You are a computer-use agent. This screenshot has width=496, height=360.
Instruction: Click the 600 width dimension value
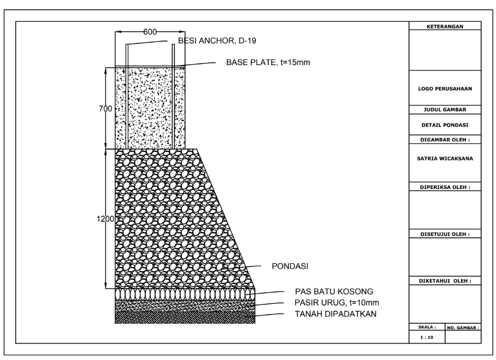[150, 32]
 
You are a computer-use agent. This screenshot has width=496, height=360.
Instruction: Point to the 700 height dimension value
[105, 109]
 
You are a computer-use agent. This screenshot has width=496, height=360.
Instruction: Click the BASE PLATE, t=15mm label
[268, 62]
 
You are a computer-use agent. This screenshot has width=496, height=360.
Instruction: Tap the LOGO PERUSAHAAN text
[445, 89]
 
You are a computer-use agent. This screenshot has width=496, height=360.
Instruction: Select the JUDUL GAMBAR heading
[445, 110]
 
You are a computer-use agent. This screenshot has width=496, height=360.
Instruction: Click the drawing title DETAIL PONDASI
[445, 125]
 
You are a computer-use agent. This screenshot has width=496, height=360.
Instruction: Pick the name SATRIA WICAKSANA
[445, 158]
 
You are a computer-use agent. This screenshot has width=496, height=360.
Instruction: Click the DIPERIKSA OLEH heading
[445, 187]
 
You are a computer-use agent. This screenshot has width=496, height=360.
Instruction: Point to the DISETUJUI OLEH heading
[445, 233]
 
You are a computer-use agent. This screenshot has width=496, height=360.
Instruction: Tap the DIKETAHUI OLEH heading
[445, 281]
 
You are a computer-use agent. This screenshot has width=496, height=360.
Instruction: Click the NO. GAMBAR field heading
[464, 328]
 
